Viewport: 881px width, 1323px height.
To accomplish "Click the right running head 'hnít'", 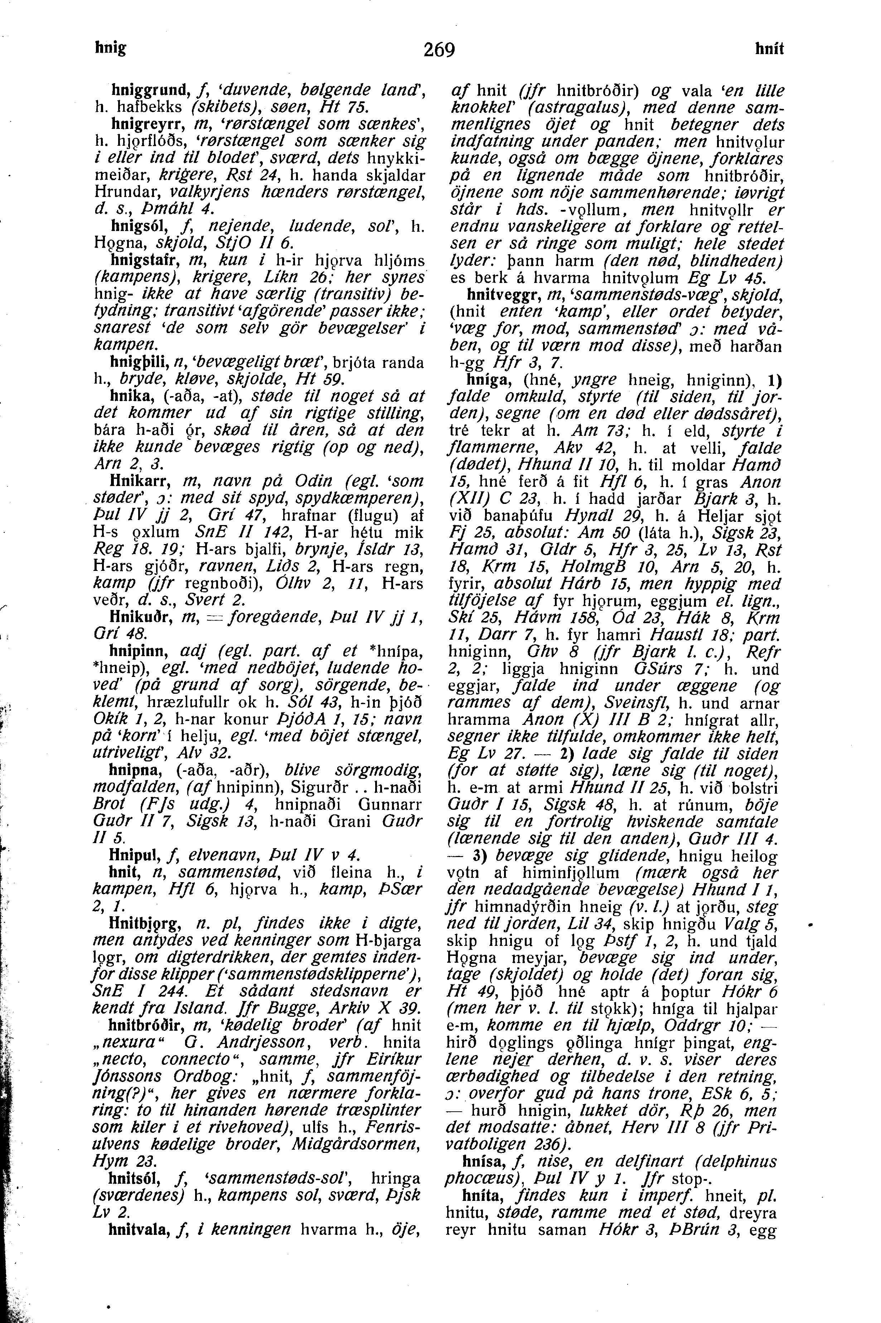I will tap(769, 50).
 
